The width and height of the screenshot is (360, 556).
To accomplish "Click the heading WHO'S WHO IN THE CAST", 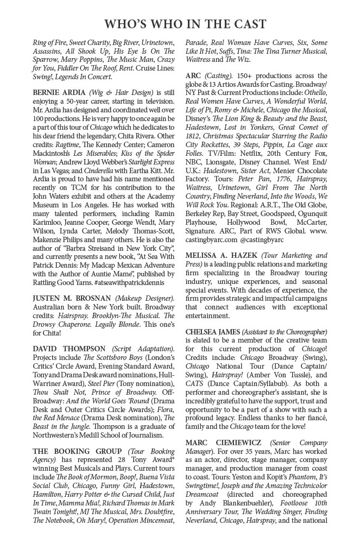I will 185,24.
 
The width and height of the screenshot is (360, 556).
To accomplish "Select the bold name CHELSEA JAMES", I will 211,331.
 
